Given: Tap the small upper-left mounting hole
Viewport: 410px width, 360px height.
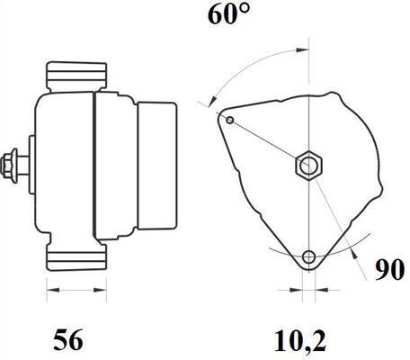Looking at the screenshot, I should (x=230, y=121).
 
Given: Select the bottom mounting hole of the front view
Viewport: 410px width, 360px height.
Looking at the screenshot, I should (x=308, y=257).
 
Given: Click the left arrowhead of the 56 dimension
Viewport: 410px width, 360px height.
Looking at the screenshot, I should (x=50, y=290).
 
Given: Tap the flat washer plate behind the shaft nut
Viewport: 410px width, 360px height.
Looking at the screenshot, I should (x=31, y=165).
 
